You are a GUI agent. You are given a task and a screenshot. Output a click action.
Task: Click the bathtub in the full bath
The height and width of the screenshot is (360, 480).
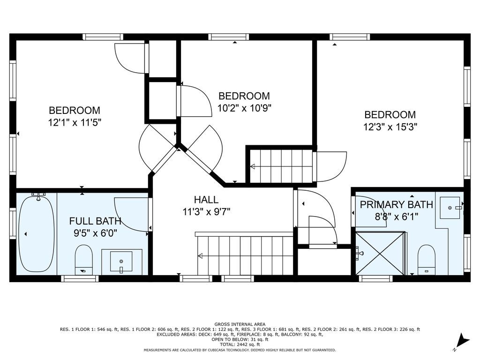point(37,234)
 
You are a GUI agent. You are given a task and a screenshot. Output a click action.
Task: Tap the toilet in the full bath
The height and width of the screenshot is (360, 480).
point(83,260)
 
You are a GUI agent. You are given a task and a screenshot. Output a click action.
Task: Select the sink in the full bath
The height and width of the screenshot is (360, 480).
point(121,262)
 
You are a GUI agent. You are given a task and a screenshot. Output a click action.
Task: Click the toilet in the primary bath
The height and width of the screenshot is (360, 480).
point(427,260)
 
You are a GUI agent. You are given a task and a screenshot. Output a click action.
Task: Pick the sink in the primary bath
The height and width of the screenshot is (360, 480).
point(450,208)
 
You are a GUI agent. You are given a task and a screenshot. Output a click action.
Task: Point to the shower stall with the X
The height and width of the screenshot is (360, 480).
point(380,254)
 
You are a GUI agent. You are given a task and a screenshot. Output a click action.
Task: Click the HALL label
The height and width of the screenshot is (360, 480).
point(206,200)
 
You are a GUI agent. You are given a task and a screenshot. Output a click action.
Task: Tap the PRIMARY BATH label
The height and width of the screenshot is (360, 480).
point(397,204)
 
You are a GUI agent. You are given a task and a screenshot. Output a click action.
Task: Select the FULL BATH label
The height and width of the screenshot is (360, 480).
point(95,221)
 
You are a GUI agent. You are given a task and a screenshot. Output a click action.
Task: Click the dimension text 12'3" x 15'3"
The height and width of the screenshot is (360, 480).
point(390,127)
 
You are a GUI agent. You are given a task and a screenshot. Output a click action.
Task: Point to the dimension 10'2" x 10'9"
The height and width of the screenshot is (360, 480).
point(244,108)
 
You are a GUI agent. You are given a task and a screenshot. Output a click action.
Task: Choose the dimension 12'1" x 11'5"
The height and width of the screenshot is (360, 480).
point(75,122)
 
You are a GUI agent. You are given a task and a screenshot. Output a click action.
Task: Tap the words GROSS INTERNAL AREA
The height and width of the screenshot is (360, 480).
point(240,324)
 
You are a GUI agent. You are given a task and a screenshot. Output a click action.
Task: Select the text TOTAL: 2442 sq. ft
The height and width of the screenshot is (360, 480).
point(240,345)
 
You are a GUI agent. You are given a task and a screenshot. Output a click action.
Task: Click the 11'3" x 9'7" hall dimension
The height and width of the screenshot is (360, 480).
point(206,211)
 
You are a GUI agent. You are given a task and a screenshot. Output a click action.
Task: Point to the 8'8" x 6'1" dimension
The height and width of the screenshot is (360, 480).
point(397,217)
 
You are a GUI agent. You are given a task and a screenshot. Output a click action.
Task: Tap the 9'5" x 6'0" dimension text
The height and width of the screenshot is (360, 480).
point(95,233)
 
